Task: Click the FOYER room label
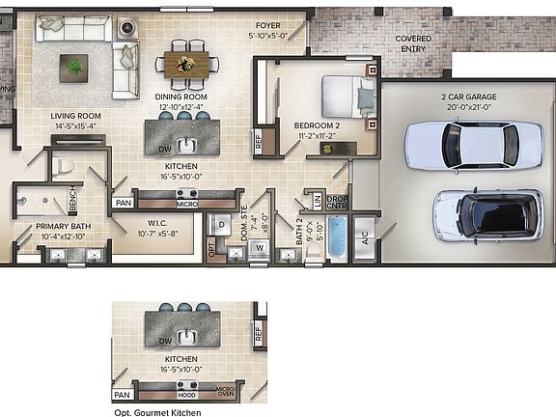[x=267, y=25]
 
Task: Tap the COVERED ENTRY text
[x=413, y=43]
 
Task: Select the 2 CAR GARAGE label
[x=468, y=97]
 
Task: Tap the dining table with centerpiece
[x=187, y=64]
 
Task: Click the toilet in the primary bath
[x=64, y=166]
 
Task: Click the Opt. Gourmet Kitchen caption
[x=157, y=412]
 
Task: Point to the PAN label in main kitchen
[x=123, y=203]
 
